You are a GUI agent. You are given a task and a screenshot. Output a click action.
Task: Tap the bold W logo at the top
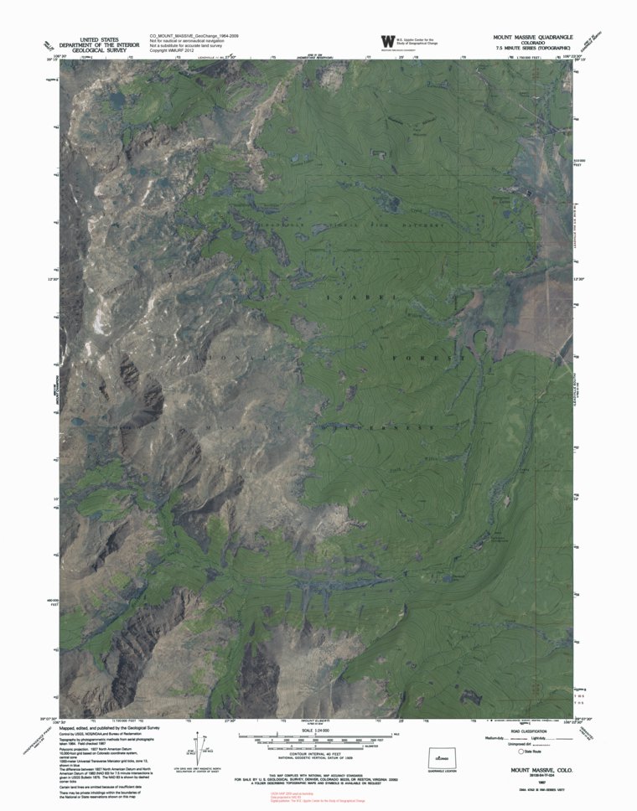click(x=387, y=41)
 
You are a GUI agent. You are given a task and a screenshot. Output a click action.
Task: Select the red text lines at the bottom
click(x=318, y=798)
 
